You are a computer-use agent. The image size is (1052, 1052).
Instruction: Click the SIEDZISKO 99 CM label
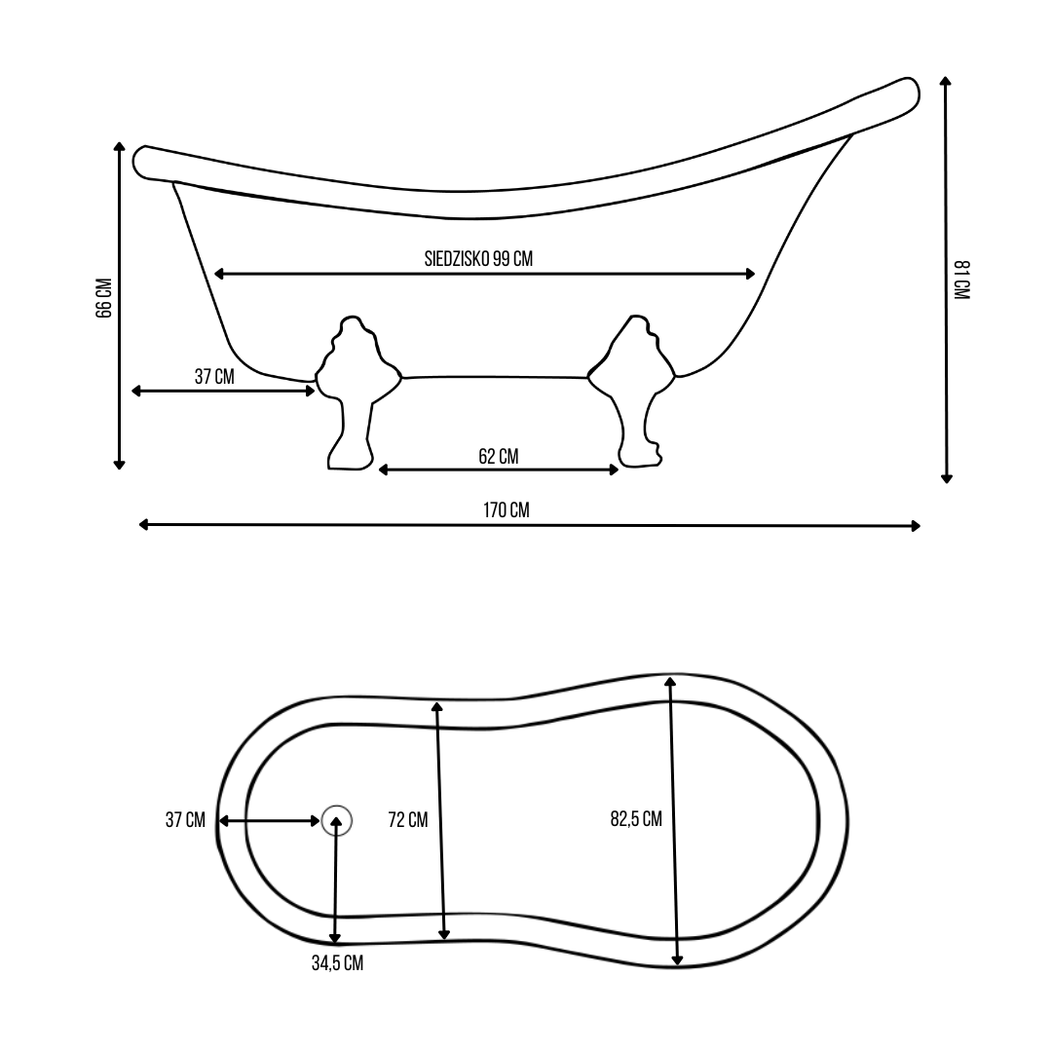point(478,259)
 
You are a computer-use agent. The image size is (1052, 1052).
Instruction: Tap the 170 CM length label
point(506,509)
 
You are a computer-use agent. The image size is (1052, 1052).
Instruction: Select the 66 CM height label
point(104,298)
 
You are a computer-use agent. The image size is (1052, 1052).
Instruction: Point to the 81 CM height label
point(961,280)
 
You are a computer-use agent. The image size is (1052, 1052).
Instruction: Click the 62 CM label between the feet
point(499,456)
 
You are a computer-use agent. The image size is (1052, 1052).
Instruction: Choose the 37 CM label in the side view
point(214,376)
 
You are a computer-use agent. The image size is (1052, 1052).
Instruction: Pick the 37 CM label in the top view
point(185,820)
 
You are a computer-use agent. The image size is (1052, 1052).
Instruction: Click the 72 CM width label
point(408,820)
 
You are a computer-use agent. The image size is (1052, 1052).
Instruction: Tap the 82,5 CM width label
point(636,819)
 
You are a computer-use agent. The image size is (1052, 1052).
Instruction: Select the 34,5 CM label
point(337,963)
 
